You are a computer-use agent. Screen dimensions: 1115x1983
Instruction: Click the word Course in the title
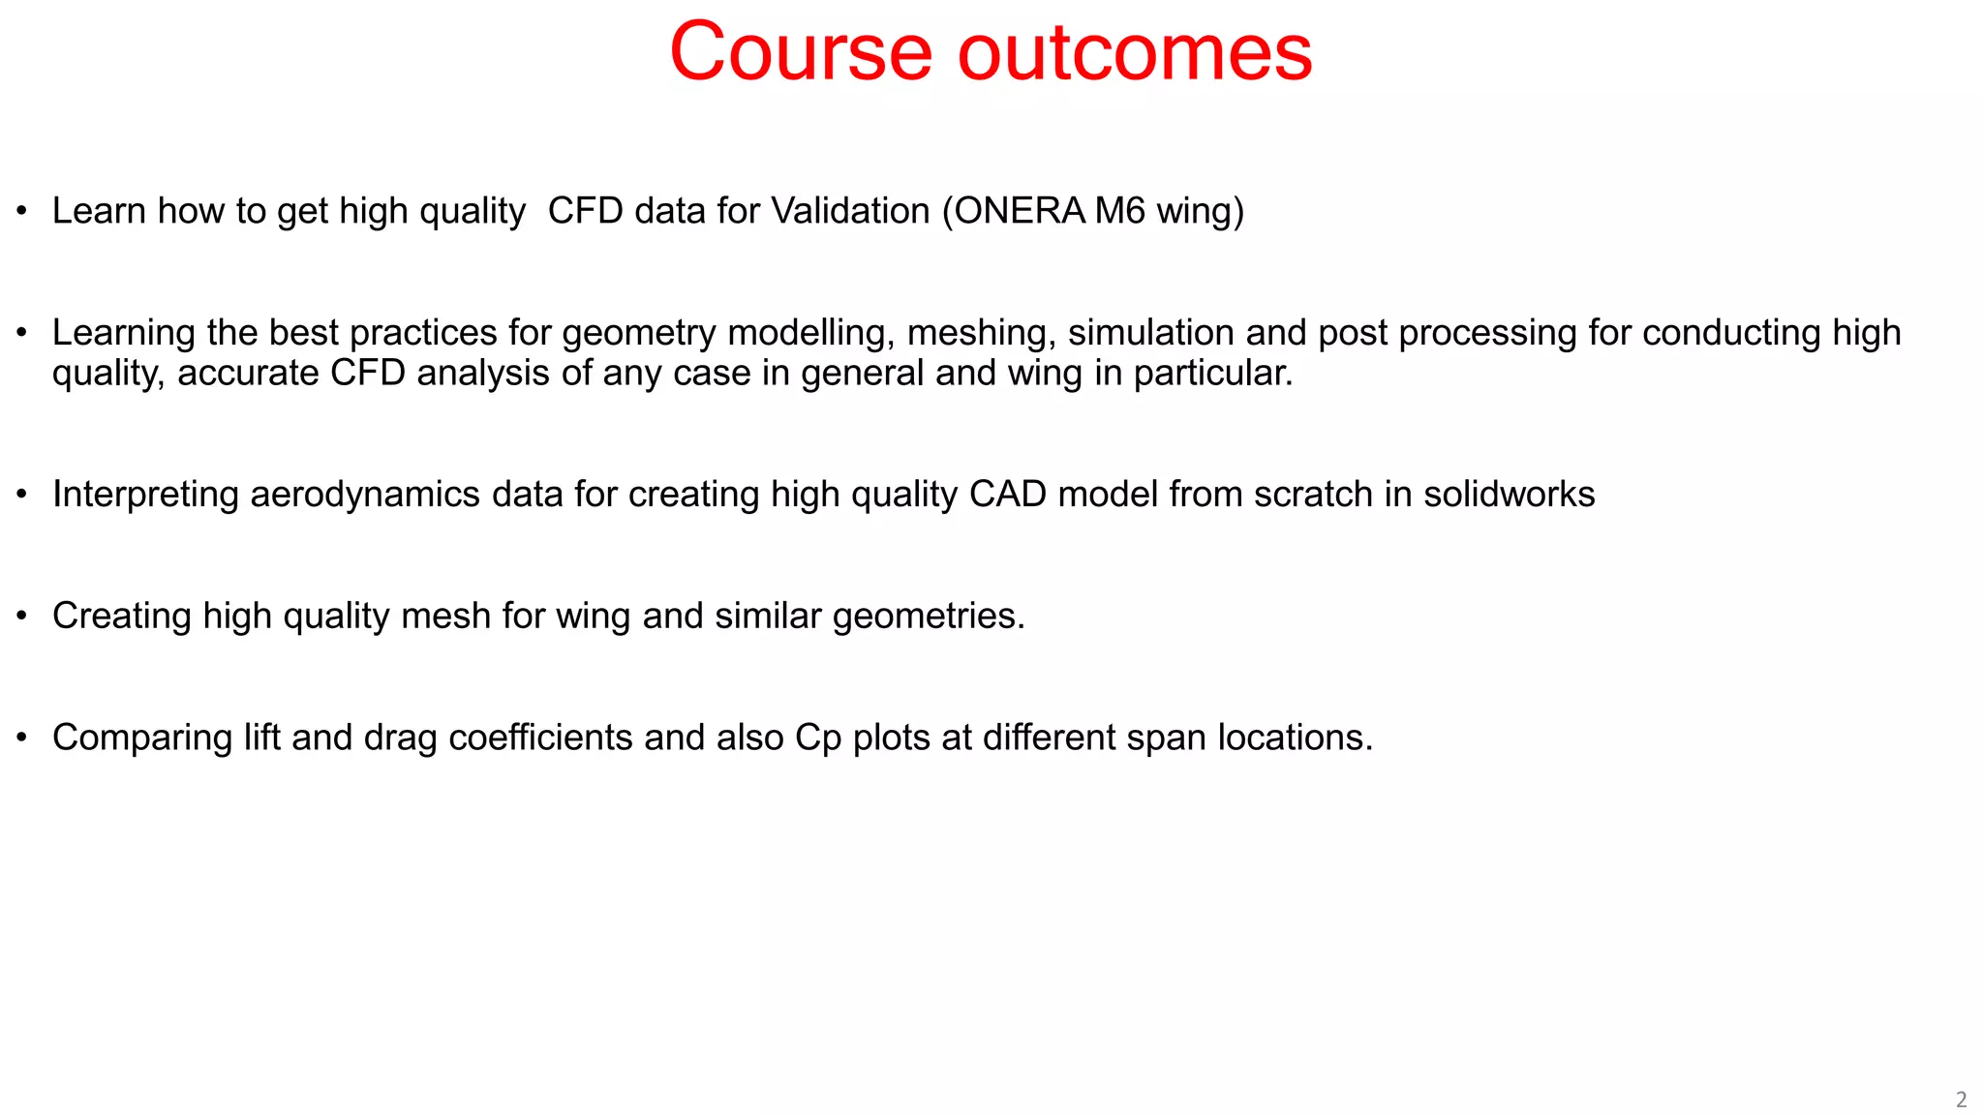click(800, 52)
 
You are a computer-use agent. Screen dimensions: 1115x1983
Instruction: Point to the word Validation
click(850, 211)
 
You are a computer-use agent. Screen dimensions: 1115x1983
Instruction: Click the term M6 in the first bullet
click(1120, 211)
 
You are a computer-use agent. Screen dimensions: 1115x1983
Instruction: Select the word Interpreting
click(145, 495)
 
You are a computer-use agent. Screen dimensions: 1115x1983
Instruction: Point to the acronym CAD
click(1007, 495)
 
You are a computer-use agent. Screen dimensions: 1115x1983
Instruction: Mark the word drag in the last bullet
click(400, 738)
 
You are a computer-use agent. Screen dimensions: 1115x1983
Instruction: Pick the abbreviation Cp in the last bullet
click(818, 738)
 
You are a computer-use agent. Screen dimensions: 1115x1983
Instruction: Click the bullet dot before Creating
click(22, 617)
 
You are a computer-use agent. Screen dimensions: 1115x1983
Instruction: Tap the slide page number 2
click(1961, 1100)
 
